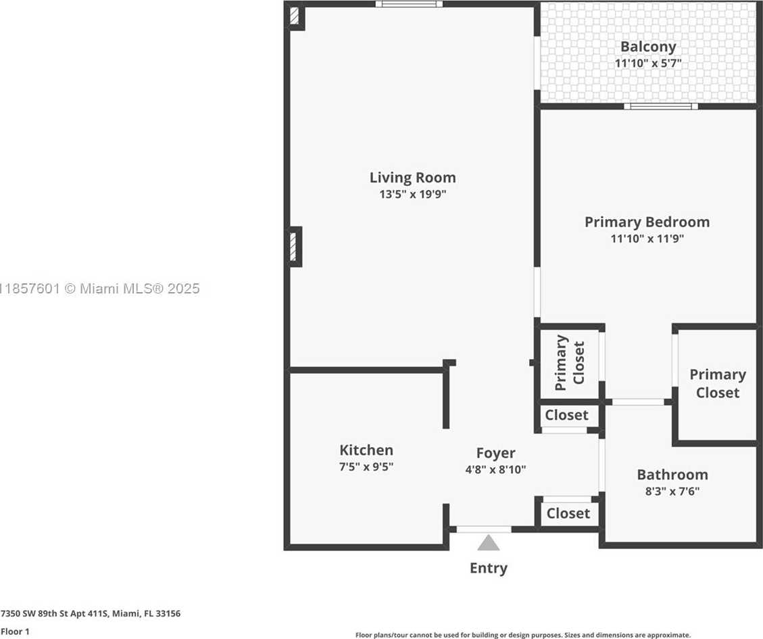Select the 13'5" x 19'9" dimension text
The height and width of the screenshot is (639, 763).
[x=413, y=195]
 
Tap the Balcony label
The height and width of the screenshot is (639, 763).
[x=648, y=47]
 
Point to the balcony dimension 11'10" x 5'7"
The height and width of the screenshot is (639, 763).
[x=648, y=63]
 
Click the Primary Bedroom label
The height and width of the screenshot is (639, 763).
[x=647, y=222]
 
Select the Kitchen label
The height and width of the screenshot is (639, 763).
[x=366, y=450]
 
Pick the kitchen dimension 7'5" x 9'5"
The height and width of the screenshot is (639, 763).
[x=366, y=467]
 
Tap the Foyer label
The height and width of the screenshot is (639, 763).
[x=495, y=453]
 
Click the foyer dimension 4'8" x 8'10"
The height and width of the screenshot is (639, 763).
[x=495, y=469]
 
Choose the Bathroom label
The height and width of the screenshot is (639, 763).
[x=672, y=475]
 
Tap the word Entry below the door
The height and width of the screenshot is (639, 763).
[x=488, y=568]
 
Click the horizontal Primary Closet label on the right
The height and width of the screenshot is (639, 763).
[x=717, y=383]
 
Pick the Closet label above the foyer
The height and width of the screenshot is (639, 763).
[x=566, y=415]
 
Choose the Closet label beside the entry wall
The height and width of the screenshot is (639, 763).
[x=568, y=514]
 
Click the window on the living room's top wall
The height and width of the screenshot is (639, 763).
[x=409, y=4]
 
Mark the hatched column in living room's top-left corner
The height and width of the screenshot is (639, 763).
[x=295, y=16]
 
